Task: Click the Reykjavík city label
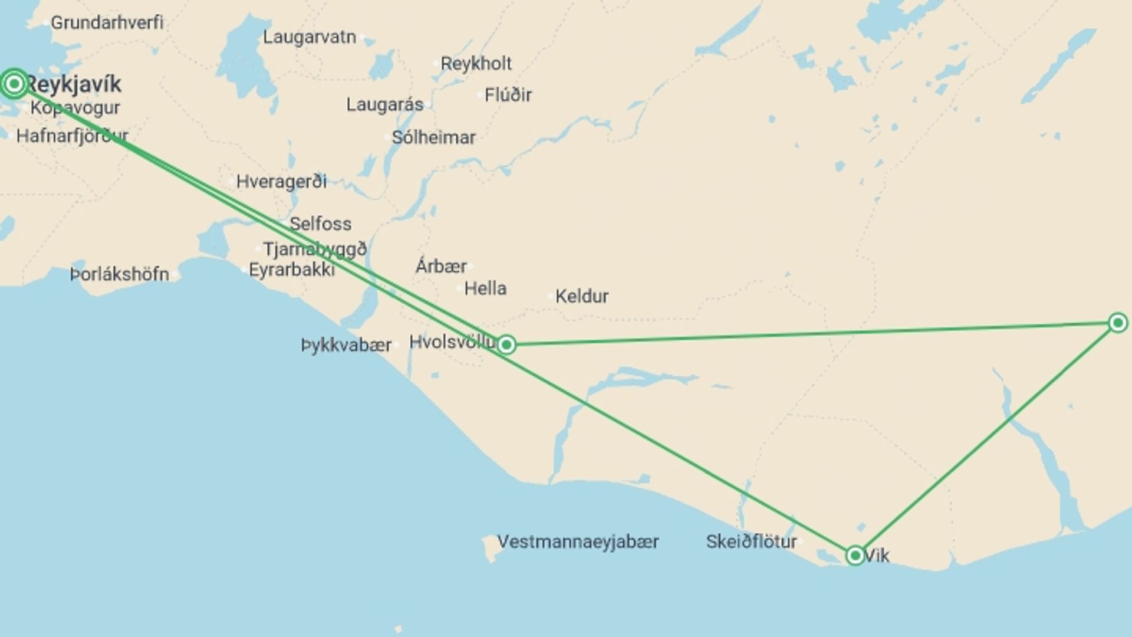74,84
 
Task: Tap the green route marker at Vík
855,556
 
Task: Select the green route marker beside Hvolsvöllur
506,344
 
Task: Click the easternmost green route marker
1117,323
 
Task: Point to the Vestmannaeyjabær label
578,541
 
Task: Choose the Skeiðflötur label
751,541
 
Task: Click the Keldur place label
581,296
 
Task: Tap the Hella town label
485,288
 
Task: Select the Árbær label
441,266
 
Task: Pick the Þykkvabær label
346,345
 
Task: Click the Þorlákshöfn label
120,274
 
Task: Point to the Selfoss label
320,224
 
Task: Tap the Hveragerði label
281,182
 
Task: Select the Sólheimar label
433,137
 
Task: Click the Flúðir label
508,95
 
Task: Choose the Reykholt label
476,63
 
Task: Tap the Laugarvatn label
309,37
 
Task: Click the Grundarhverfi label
107,22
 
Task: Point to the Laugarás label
384,105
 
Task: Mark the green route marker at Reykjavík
14,83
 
